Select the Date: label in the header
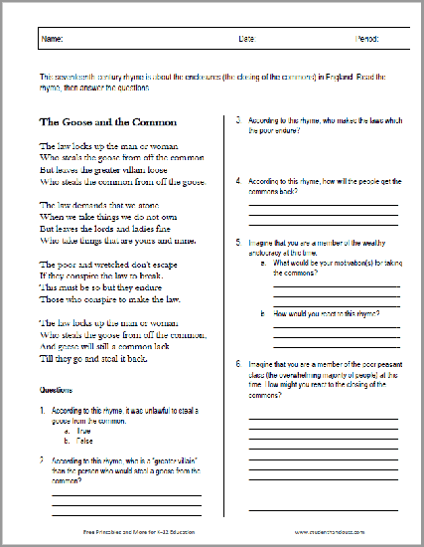tap(246, 41)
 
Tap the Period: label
tap(367, 41)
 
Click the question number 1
tap(43, 411)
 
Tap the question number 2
tap(43, 461)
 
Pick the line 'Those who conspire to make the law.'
tap(108, 298)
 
